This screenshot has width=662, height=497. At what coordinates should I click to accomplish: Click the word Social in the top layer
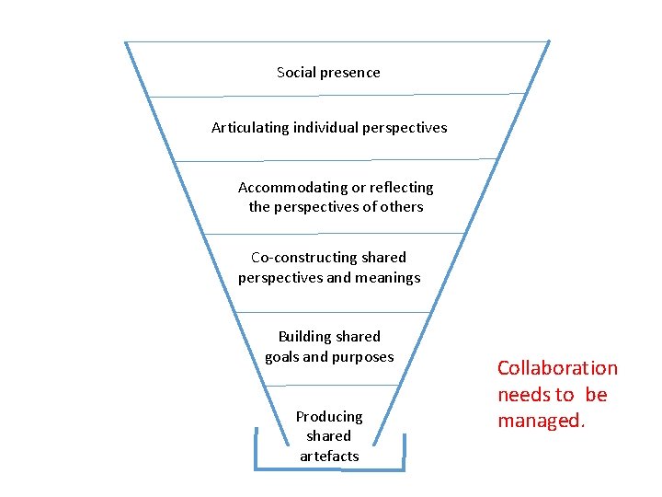coord(296,72)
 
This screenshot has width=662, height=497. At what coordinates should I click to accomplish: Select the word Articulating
coord(250,128)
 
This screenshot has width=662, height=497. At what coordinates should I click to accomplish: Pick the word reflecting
coord(401,187)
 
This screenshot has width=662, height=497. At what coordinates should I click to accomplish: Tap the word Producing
coord(329,417)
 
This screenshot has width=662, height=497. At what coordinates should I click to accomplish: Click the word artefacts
coord(329,457)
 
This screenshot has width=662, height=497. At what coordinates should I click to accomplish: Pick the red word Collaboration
coord(557,368)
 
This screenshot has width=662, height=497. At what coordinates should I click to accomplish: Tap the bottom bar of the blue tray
coord(329,469)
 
